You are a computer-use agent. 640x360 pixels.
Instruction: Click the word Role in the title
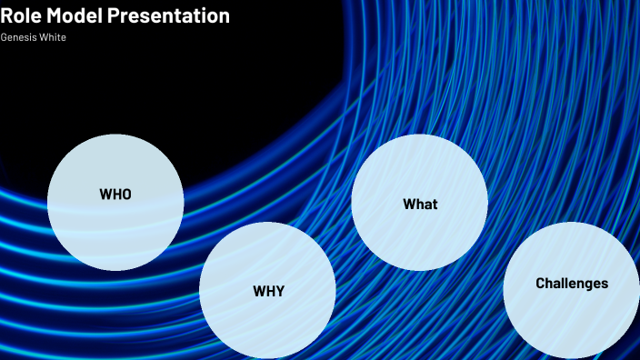[21, 16]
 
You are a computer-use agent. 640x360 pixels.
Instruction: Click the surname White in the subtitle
[53, 37]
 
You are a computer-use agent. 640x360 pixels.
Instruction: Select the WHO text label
[115, 194]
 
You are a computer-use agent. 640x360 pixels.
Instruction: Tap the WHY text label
[268, 292]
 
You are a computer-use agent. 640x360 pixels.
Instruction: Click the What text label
[420, 204]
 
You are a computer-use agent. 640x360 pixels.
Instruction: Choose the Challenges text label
[572, 284]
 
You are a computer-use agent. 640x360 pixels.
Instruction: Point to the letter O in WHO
[126, 194]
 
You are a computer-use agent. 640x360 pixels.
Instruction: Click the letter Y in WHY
[279, 292]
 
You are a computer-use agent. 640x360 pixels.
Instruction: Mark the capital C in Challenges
[541, 284]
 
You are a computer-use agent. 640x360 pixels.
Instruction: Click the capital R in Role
[6, 16]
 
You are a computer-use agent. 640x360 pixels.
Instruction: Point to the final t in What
[435, 204]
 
